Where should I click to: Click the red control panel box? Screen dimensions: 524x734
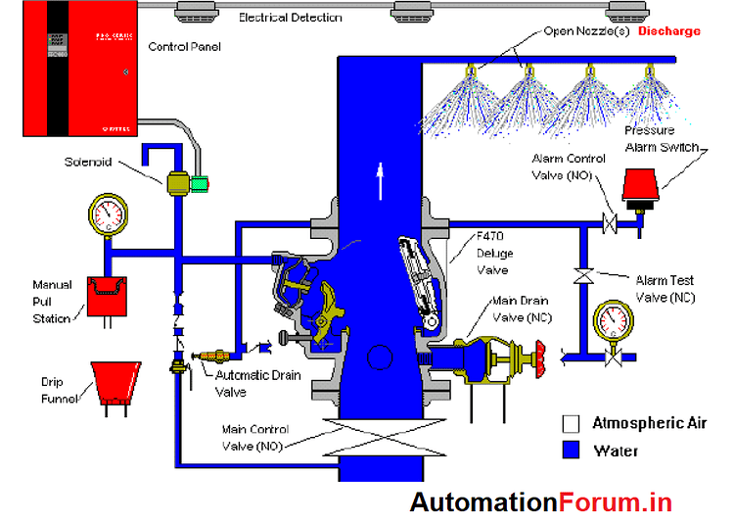coord(78,74)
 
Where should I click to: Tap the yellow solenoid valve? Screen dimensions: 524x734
coord(179,183)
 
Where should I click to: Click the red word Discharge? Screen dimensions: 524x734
coord(669,31)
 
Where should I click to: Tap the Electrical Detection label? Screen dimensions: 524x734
coord(291,18)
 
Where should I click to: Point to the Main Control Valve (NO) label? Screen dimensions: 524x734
coord(257,437)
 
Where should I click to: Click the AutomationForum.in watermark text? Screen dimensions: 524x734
coord(541,502)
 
